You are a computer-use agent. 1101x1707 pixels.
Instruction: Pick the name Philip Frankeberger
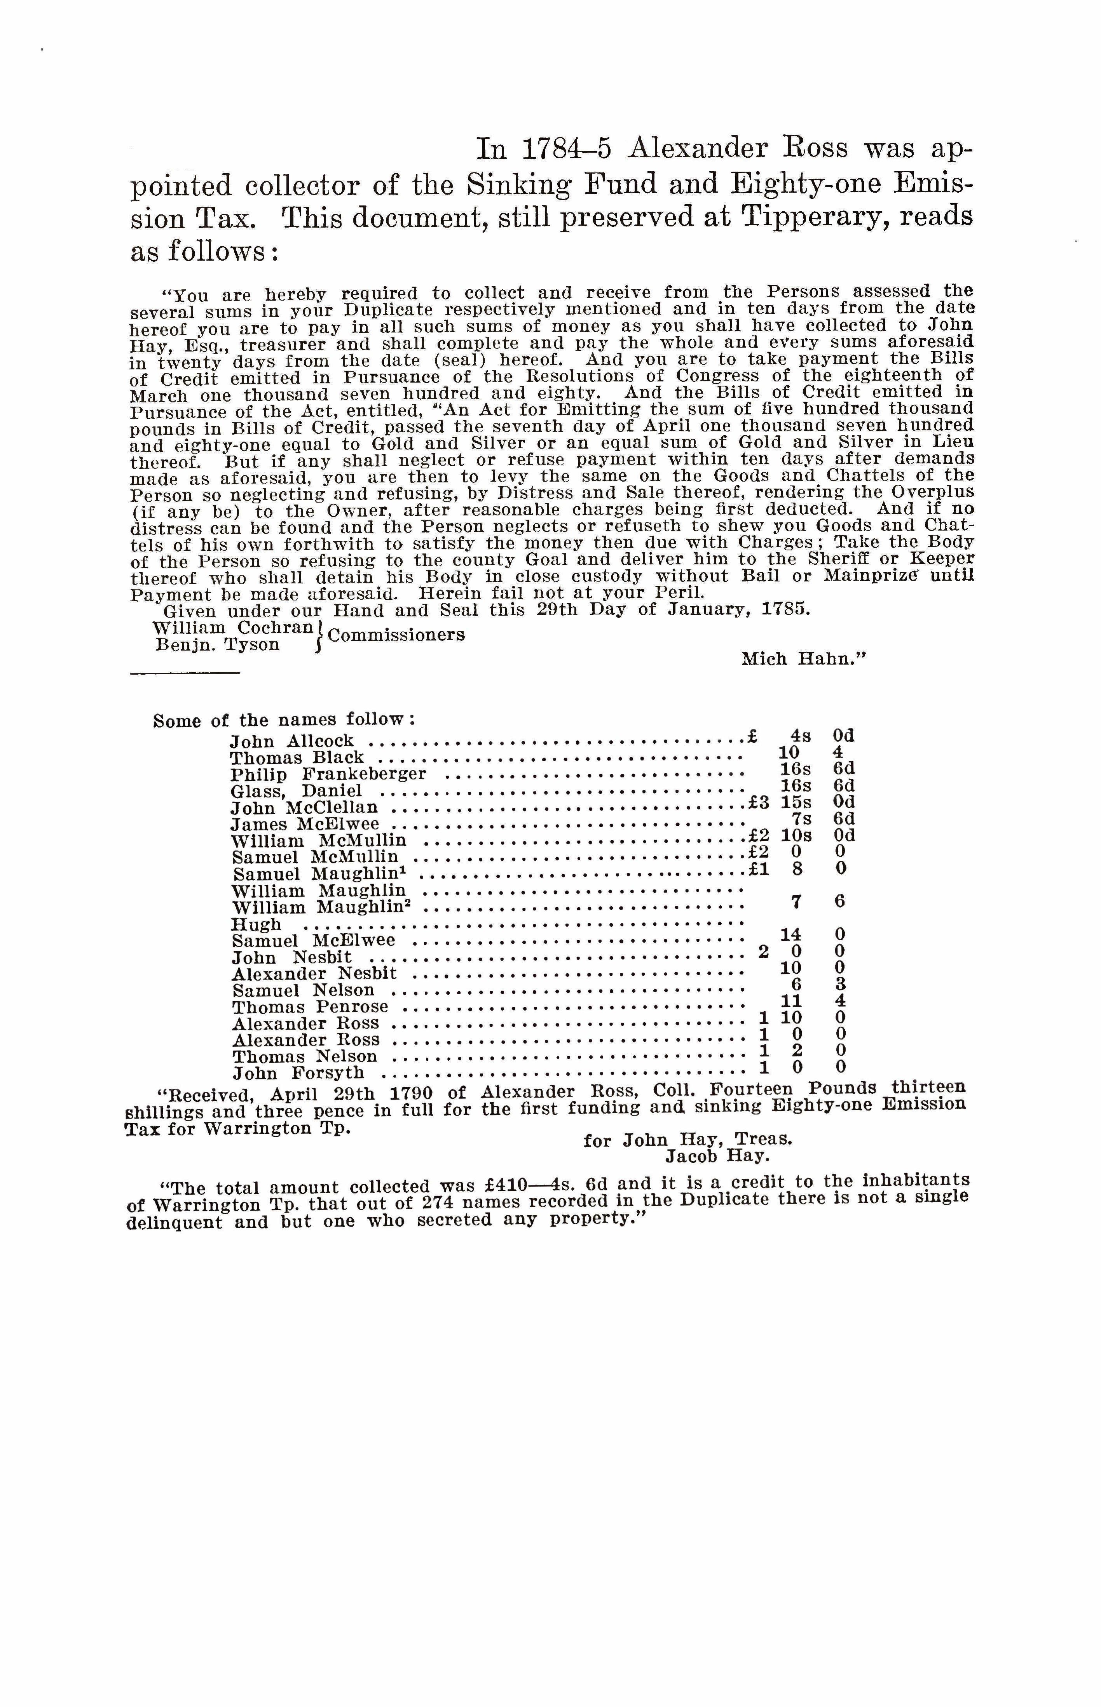tap(328, 774)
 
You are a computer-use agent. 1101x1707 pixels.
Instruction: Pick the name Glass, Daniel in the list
tap(296, 791)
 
